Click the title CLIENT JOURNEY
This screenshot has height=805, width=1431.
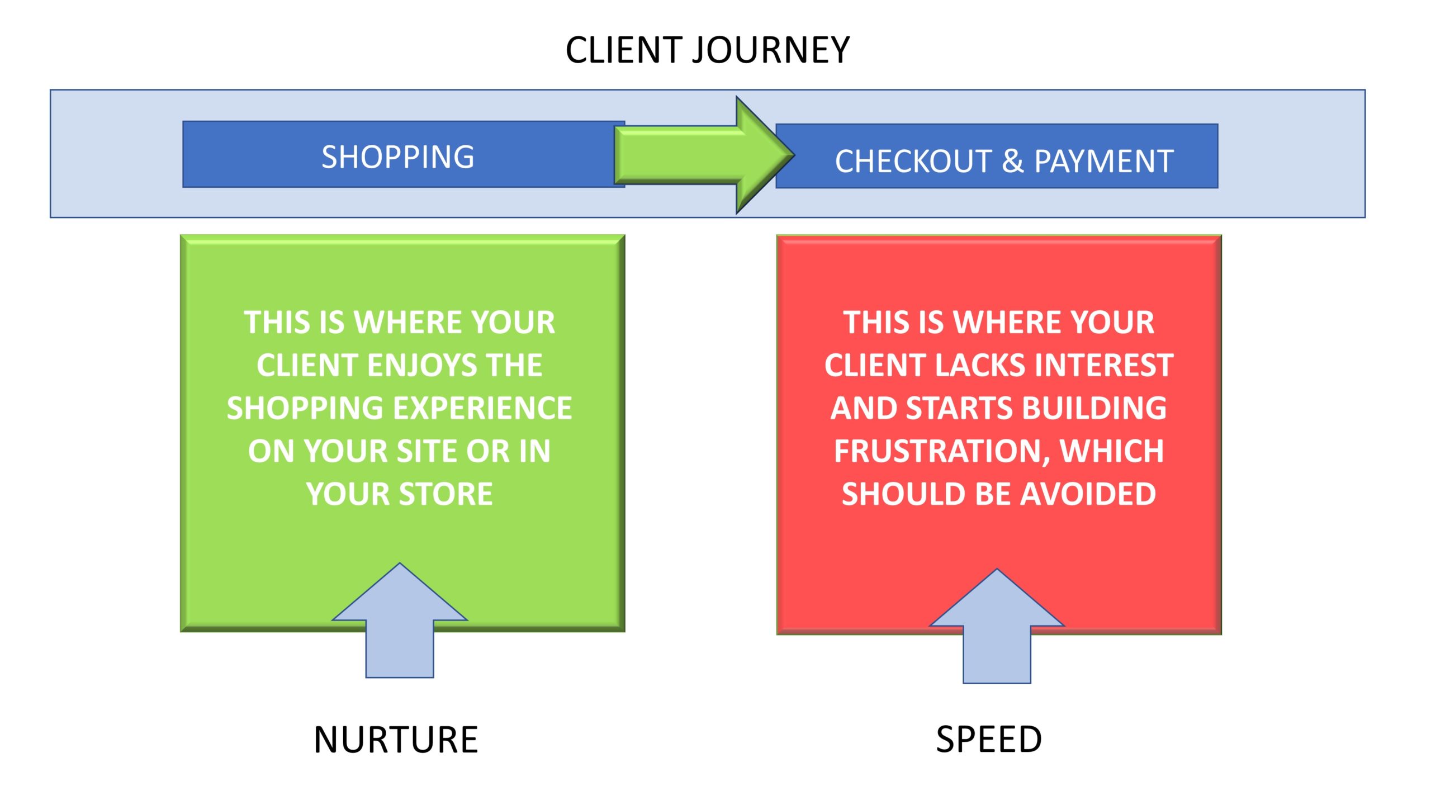708,50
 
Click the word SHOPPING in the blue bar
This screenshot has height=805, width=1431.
398,157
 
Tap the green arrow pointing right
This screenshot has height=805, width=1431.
704,155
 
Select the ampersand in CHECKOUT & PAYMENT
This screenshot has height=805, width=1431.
1012,162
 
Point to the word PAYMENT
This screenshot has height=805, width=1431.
1104,162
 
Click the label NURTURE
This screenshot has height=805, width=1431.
396,740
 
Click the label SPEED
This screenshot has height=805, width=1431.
989,740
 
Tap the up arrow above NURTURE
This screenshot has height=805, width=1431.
400,621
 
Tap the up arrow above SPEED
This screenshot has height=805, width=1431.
997,626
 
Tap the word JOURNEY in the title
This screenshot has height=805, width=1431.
771,50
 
